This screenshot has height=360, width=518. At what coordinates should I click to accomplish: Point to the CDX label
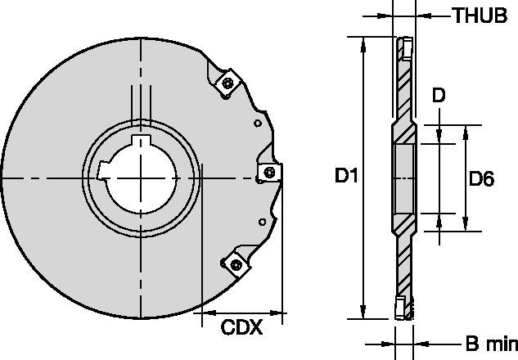241,328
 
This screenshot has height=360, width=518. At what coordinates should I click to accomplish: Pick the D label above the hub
439,97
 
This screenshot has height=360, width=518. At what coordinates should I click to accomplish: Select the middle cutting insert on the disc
271,172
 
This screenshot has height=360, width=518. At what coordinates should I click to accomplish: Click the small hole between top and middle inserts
258,124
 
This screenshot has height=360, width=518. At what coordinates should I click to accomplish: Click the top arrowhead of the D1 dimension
363,41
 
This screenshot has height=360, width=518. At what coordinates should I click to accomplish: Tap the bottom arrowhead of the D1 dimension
363,313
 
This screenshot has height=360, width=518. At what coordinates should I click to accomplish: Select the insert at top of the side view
405,50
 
